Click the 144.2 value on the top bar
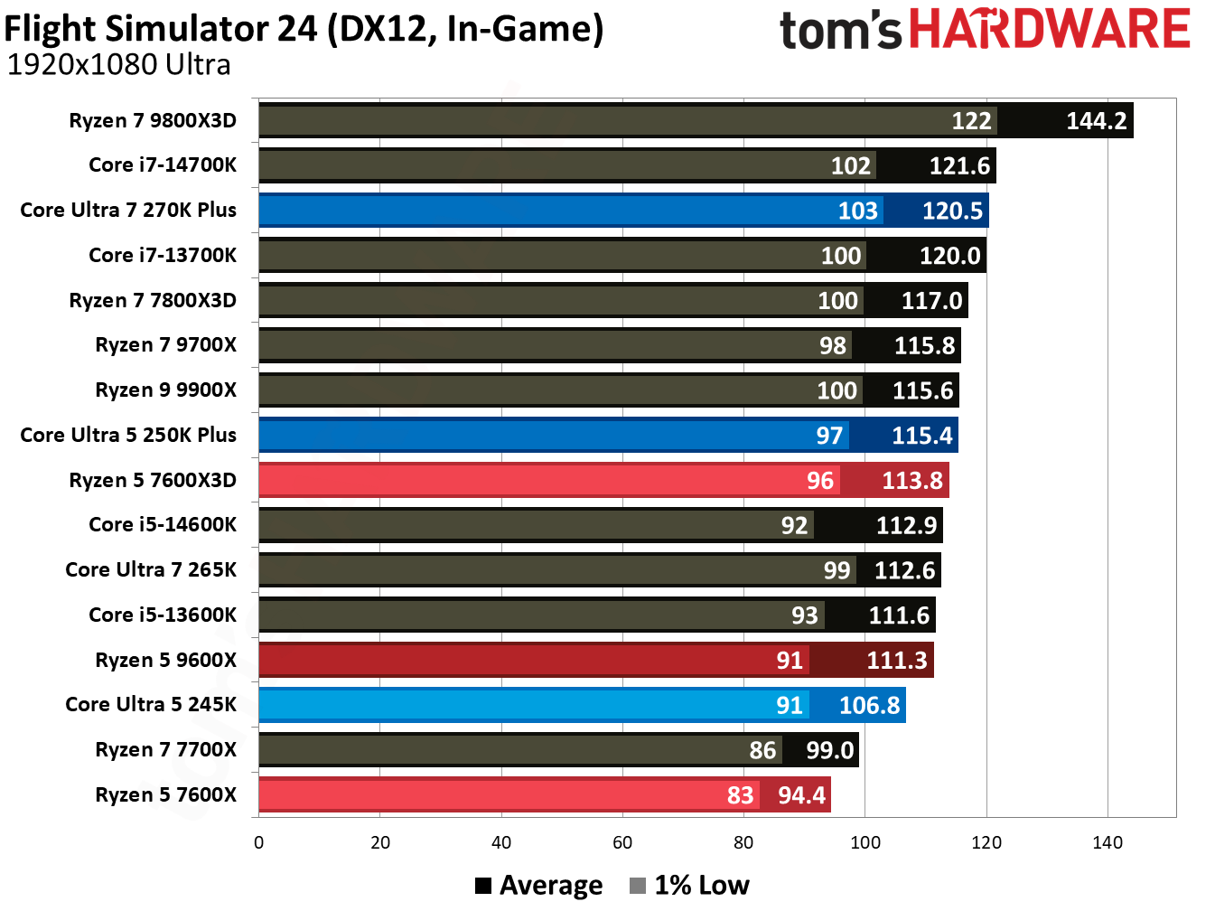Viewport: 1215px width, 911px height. click(x=1096, y=121)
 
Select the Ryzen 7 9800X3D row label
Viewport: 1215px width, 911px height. click(x=153, y=121)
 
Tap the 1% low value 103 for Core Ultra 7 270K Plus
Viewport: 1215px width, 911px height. click(x=857, y=211)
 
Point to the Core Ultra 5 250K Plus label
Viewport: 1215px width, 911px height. click(x=128, y=435)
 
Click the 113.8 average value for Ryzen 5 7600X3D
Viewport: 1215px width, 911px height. click(x=911, y=481)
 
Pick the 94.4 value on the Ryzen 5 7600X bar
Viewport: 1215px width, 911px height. click(x=801, y=795)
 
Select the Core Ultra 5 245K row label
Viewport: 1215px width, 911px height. click(x=151, y=704)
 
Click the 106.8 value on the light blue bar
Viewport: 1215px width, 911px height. click(x=869, y=705)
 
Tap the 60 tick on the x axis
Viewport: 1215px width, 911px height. click(x=622, y=843)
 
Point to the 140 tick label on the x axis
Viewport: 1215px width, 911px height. click(x=1107, y=843)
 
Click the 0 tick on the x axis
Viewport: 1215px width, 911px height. click(x=259, y=843)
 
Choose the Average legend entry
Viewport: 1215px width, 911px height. click(x=539, y=886)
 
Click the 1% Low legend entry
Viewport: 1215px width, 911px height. click(x=690, y=886)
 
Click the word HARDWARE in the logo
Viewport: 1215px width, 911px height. click(x=1049, y=29)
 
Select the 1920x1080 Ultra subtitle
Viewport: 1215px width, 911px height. click(x=118, y=65)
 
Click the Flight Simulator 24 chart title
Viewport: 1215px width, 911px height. click(x=304, y=29)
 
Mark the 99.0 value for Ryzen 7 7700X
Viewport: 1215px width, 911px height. click(x=829, y=750)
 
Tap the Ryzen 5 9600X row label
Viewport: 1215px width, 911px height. click(x=165, y=660)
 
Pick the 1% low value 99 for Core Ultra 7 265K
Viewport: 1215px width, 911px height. click(x=836, y=570)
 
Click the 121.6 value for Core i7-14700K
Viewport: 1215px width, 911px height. click(x=959, y=166)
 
